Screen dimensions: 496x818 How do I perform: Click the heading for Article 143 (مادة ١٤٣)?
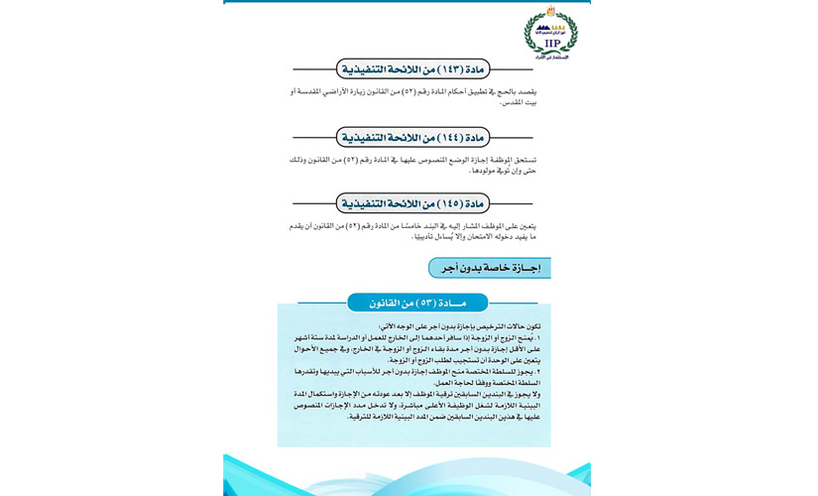pyautogui.click(x=413, y=69)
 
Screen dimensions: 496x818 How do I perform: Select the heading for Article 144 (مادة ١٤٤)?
pyautogui.click(x=413, y=137)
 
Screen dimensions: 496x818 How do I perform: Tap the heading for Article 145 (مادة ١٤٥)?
pyautogui.click(x=413, y=203)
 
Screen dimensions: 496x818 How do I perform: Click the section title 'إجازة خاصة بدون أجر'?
pyautogui.click(x=490, y=268)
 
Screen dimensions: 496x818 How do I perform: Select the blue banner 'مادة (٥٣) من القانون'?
pyautogui.click(x=417, y=303)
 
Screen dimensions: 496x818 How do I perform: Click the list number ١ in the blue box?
pyautogui.click(x=539, y=338)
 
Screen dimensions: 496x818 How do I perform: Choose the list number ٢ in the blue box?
pyautogui.click(x=539, y=372)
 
